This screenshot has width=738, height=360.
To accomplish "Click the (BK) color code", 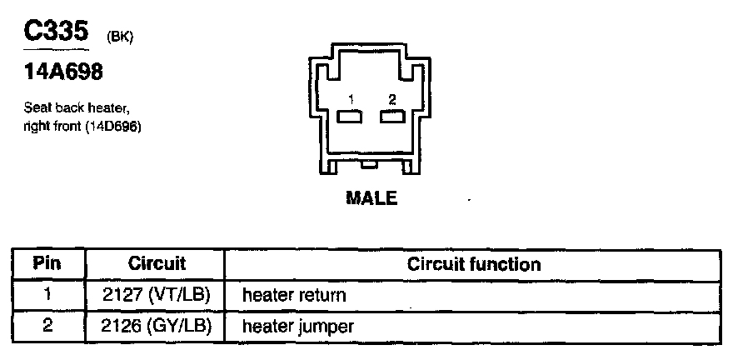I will (119, 36).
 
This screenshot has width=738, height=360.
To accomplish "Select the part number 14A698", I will (63, 73).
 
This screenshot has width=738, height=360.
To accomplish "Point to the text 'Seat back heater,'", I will (77, 108).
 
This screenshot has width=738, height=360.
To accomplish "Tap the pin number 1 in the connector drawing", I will (352, 99).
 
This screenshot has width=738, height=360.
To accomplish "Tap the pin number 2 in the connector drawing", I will (391, 99).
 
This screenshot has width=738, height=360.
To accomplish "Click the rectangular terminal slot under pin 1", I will (352, 117).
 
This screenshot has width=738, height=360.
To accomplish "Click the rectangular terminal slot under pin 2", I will (391, 117).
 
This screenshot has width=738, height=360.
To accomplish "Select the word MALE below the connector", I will (371, 198).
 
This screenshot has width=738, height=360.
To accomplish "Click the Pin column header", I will (47, 264).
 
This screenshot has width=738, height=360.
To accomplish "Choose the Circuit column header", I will (156, 264).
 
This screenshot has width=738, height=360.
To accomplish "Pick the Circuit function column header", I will (473, 264).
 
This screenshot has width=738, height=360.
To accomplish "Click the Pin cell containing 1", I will (47, 295).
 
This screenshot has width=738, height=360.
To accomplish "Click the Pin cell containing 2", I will (47, 326).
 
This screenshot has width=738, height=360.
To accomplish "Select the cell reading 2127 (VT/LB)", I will (156, 295).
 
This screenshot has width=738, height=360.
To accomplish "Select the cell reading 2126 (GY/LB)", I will (156, 326).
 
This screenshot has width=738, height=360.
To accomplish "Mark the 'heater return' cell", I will (293, 295).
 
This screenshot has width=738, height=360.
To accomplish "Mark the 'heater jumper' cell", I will (297, 326).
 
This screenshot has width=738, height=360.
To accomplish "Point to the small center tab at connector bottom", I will (371, 167).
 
